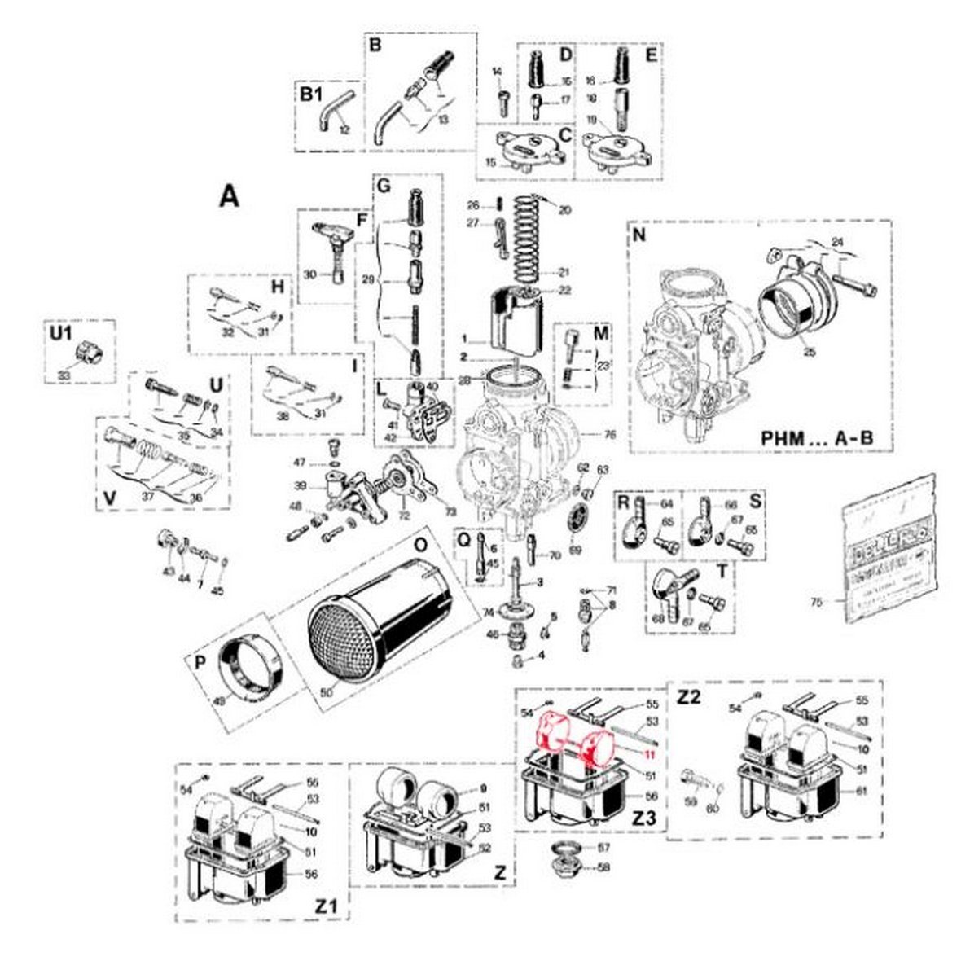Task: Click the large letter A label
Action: click(x=230, y=196)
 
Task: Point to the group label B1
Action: click(x=311, y=94)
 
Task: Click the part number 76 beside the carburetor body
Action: click(x=610, y=434)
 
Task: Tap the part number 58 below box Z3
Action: click(x=603, y=868)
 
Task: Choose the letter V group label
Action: click(x=108, y=498)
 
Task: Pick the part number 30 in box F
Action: click(x=309, y=275)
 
